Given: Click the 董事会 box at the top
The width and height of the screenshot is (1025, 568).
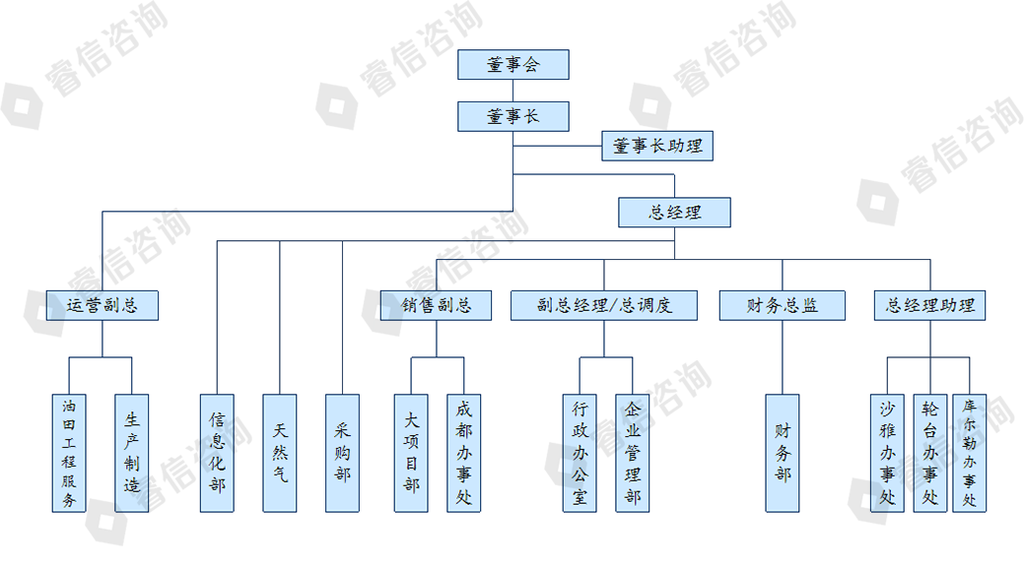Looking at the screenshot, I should tap(513, 65).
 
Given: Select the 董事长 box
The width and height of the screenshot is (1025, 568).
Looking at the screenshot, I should tap(513, 116).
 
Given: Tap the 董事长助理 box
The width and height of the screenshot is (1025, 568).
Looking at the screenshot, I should tap(657, 146).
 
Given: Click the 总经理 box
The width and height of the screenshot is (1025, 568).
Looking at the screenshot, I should tap(675, 212).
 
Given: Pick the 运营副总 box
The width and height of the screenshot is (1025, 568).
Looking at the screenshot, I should tap(102, 305).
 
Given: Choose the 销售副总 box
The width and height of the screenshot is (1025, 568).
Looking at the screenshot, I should tap(437, 305).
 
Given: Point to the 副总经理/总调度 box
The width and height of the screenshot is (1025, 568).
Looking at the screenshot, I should tap(604, 305).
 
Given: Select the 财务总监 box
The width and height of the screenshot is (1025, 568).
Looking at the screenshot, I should tap(783, 305).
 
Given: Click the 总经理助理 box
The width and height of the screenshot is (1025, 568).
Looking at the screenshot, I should tap(930, 305).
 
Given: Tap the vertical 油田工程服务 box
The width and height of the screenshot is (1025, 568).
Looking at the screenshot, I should tap(69, 453).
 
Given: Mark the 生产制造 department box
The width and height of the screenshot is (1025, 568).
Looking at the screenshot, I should tap(132, 453).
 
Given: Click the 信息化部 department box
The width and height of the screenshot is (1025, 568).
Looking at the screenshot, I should tap(217, 453).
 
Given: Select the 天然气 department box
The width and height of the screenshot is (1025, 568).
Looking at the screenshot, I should tap(280, 453).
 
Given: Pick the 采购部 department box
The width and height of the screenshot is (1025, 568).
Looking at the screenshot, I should tap(342, 453).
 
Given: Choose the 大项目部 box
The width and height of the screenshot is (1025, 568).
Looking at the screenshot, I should tap(411, 453).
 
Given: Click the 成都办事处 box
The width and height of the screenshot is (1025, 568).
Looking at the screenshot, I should tap(464, 453).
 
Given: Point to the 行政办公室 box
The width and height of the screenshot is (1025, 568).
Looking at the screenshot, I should tap(580, 453).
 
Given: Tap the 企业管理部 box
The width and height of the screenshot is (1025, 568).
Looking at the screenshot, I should tap(632, 453).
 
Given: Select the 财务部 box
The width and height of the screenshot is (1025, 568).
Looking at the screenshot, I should tap(783, 453).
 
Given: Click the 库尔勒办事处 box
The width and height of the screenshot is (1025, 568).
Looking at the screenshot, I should tap(970, 453).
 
